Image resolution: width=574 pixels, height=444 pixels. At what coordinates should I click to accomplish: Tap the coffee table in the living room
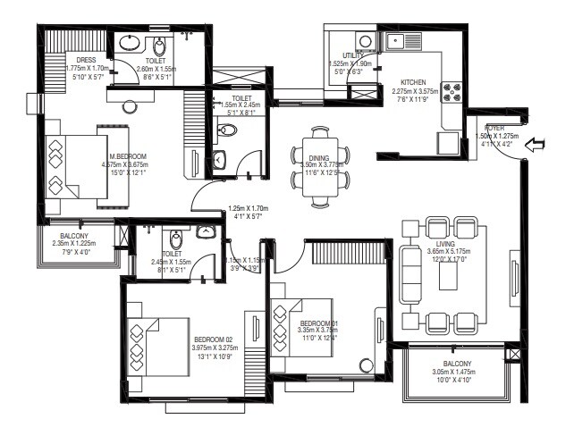coord(448,274)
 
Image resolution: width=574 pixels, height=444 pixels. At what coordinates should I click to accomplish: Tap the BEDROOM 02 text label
coord(212,338)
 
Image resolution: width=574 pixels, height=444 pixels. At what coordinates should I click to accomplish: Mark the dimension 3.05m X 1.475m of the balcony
coord(455,373)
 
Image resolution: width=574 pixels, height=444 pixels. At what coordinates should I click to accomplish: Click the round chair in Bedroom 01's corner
coord(366,364)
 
